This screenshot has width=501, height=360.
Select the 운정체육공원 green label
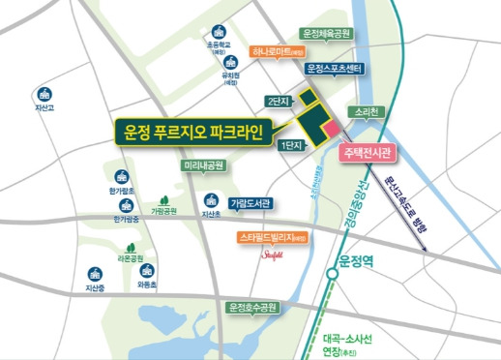325,33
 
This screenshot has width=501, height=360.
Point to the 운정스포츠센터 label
334,70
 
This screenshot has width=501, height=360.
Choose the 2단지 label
279,101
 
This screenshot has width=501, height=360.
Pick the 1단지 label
289,144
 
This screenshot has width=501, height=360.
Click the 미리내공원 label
204,166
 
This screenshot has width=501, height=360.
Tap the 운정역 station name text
363,259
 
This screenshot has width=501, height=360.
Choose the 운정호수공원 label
251,308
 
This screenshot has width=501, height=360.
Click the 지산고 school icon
43,95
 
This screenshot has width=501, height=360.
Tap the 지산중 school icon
94,274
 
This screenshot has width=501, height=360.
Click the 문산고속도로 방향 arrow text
407,199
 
